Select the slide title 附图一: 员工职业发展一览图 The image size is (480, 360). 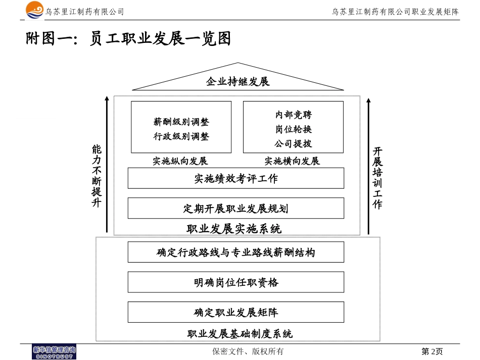point(128,39)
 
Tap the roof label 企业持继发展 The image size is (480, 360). point(237,81)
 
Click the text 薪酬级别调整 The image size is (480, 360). point(181,122)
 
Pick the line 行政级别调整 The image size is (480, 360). point(181,136)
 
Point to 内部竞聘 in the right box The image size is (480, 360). point(293,115)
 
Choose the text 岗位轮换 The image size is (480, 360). point(293,129)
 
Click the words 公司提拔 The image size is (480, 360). point(293,143)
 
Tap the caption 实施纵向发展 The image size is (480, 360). point(180,161)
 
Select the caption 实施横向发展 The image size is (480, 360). point(292,161)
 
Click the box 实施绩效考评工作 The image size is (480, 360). point(235,178)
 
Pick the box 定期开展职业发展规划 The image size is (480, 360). point(235,208)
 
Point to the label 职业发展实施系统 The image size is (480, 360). point(234,229)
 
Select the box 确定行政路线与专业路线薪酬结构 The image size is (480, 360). point(235,252)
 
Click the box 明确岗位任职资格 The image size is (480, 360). point(235,282)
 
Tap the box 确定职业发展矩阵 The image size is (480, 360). point(235,312)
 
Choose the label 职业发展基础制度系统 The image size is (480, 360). point(239,334)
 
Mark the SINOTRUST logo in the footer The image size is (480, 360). point(54,352)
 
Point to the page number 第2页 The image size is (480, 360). point(432,351)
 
